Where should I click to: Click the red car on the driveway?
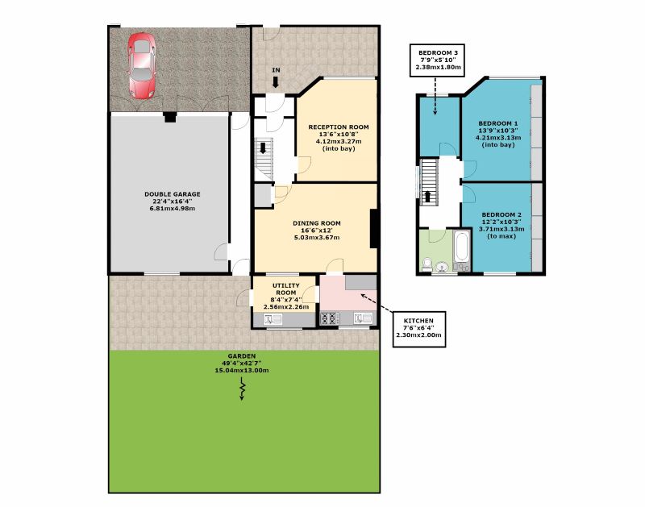(x=142, y=65)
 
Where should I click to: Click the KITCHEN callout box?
(x=418, y=327)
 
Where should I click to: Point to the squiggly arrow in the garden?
(x=242, y=390)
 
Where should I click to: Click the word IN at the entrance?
(x=276, y=71)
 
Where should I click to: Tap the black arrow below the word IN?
(x=276, y=82)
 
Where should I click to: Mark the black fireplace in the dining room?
(x=373, y=228)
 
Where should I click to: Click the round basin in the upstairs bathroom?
(x=440, y=265)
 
